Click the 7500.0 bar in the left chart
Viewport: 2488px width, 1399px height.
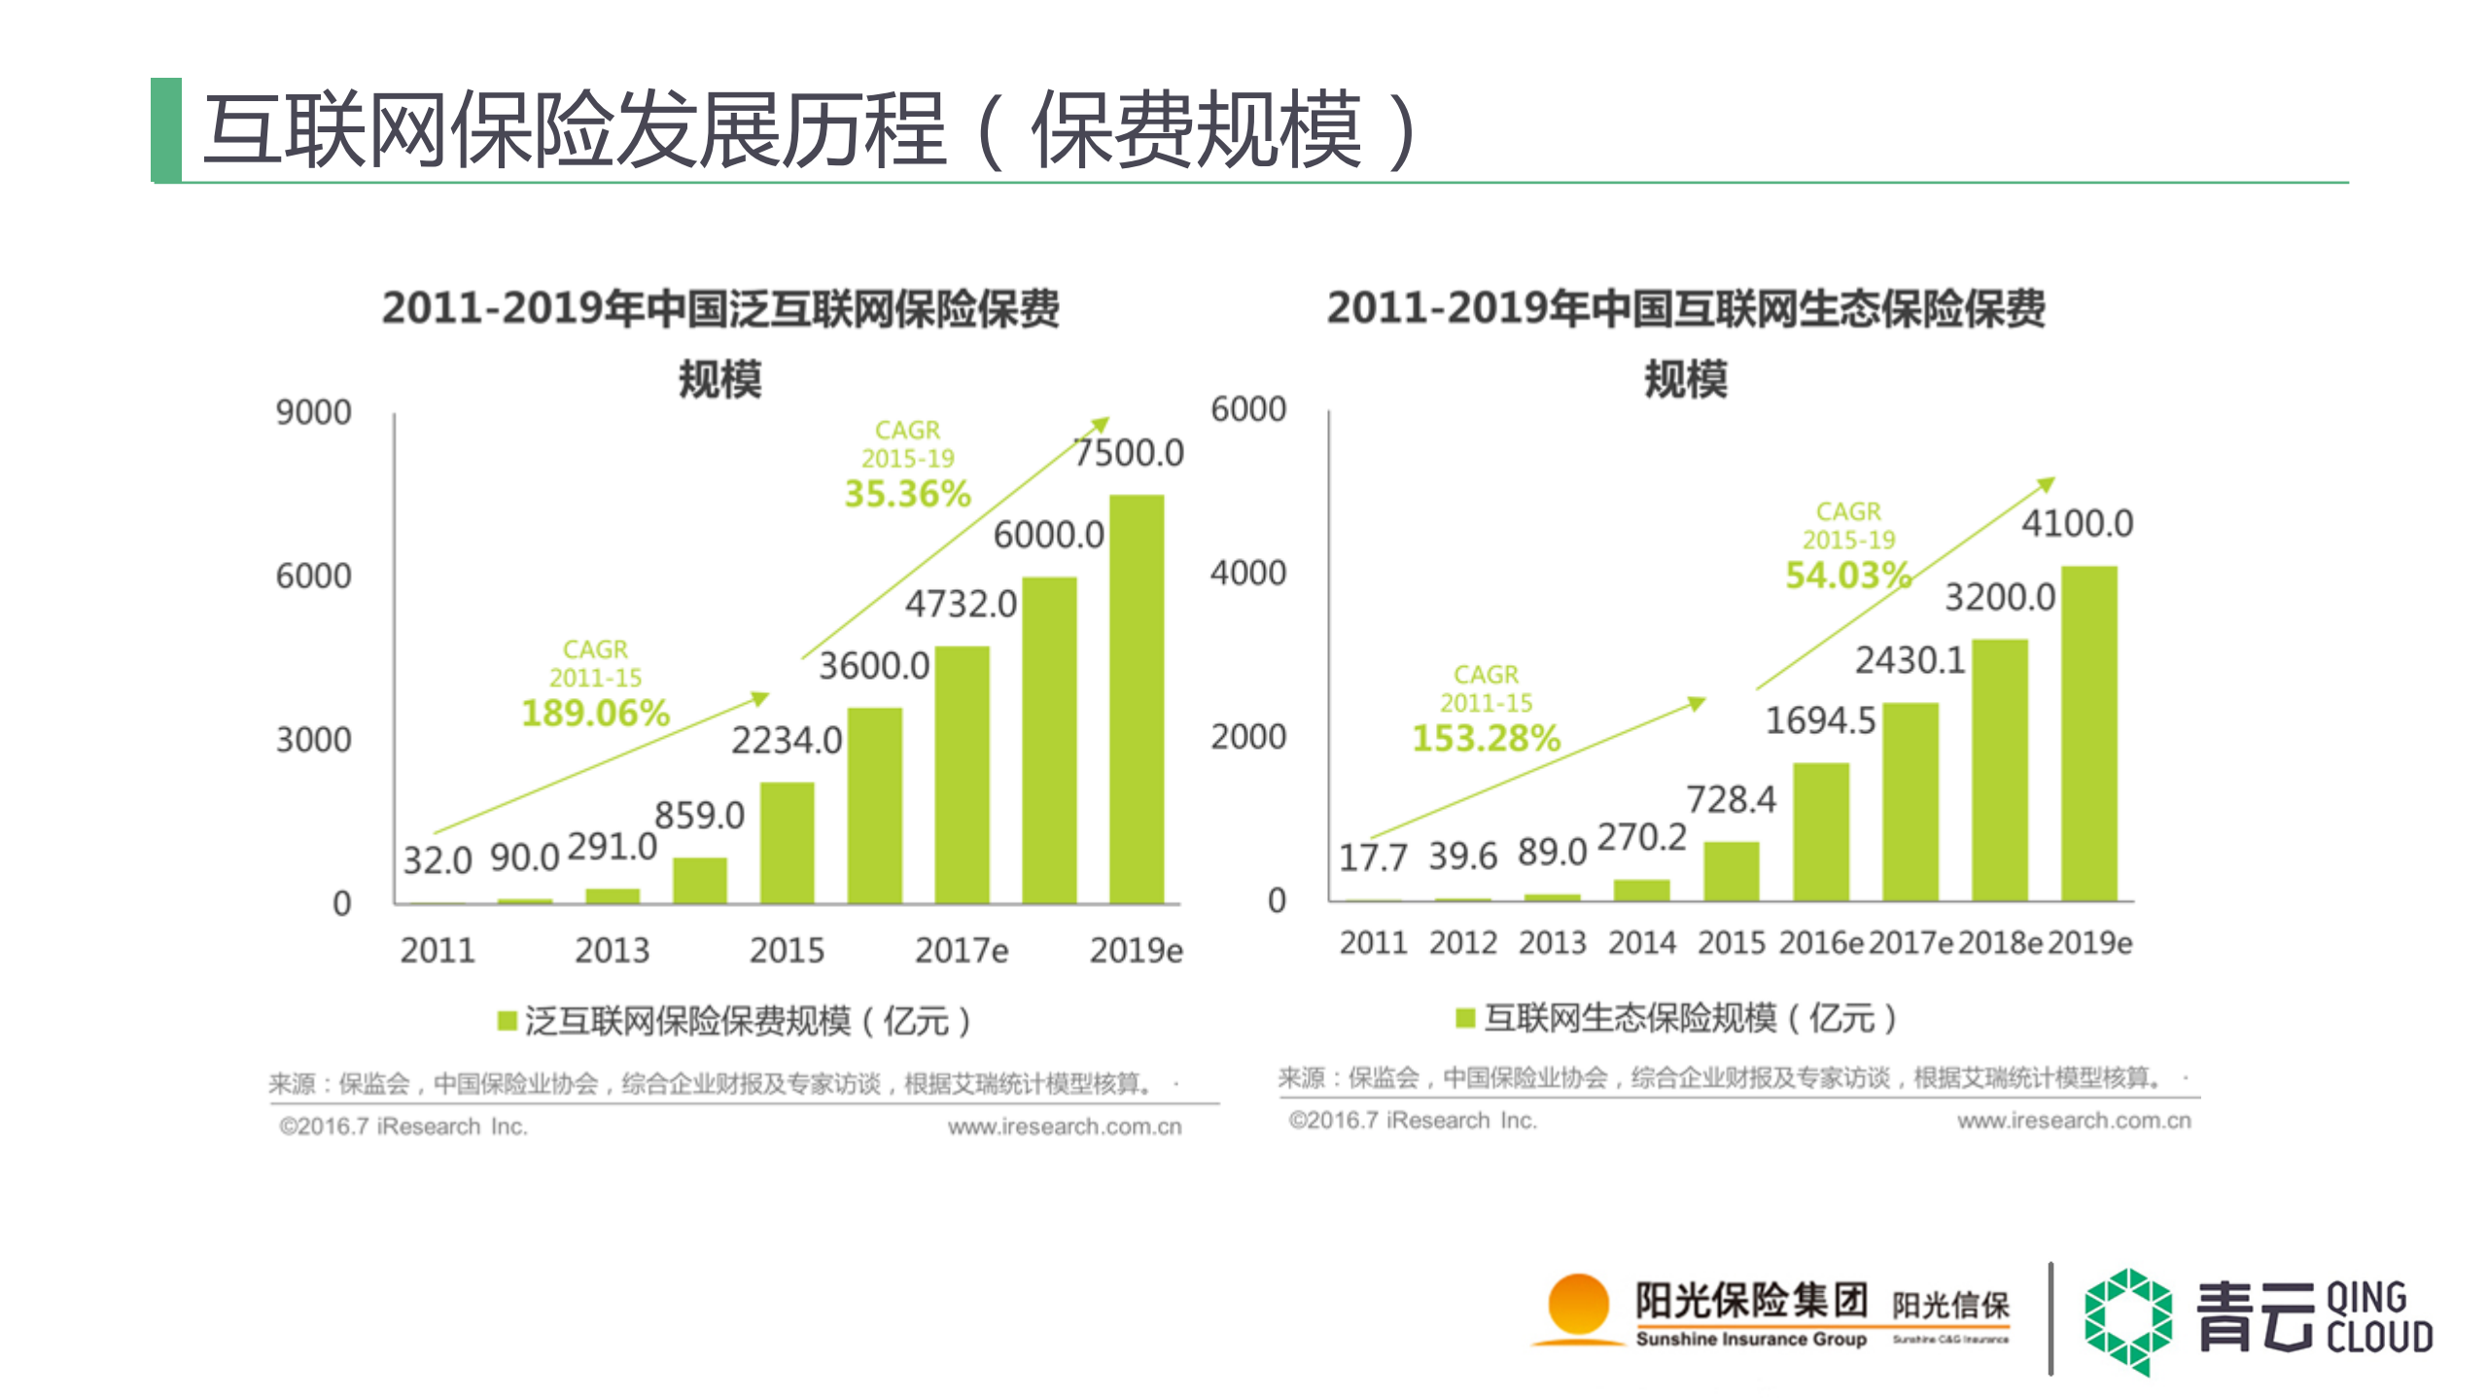click(x=1136, y=700)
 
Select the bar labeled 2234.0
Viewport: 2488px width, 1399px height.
click(x=787, y=842)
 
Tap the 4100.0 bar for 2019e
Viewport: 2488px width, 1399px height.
click(x=2088, y=733)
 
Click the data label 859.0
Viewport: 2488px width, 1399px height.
click(x=699, y=815)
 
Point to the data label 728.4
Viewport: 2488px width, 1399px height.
click(x=1731, y=799)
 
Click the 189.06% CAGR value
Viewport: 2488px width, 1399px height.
click(x=595, y=713)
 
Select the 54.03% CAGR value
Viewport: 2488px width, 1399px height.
click(x=1847, y=575)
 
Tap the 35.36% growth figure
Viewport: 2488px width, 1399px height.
click(x=907, y=494)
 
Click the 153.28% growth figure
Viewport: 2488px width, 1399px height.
click(x=1486, y=738)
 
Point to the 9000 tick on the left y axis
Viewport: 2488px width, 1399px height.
click(x=313, y=412)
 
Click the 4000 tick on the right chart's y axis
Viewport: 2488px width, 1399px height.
click(x=1247, y=573)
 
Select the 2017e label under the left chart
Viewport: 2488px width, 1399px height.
click(x=961, y=950)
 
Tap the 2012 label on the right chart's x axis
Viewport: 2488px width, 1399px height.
click(x=1462, y=942)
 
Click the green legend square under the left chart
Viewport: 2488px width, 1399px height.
click(x=507, y=1020)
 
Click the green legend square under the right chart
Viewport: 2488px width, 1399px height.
click(x=1464, y=1017)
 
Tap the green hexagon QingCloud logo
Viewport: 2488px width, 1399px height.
click(x=2127, y=1320)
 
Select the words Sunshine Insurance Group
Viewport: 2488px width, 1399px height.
click(x=1750, y=1339)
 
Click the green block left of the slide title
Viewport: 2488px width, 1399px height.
click(x=167, y=129)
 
